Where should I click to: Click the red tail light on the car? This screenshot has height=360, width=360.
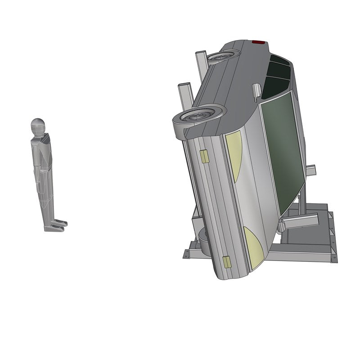pos(258,42)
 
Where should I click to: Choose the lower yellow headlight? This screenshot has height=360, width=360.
pos(253,247)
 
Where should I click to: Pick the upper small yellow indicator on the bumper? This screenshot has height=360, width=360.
pos(204,156)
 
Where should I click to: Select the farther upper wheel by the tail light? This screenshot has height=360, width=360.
pos(222,56)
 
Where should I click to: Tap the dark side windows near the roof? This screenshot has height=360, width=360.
pos(275,76)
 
